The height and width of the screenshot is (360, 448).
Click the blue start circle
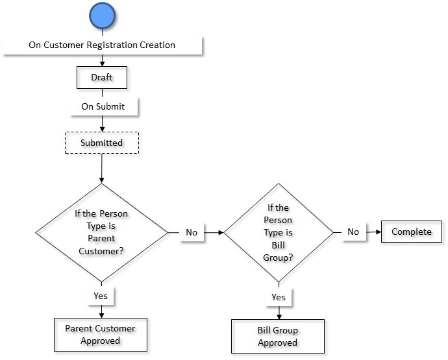click(102, 16)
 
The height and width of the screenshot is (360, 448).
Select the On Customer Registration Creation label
click(102, 45)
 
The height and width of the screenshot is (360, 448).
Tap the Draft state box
click(101, 77)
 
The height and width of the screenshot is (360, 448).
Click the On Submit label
click(103, 106)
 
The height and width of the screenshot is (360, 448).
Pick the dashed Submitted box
click(102, 143)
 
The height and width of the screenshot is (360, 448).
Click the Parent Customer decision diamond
click(101, 232)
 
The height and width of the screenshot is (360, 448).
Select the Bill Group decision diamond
click(278, 232)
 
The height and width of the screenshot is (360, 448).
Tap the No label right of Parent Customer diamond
click(192, 232)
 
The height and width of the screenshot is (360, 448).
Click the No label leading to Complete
click(353, 232)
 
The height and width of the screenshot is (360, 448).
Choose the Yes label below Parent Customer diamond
click(101, 296)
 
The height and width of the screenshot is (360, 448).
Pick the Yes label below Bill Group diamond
click(278, 297)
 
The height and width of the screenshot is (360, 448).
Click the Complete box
click(412, 232)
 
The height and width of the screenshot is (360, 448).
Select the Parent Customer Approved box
click(101, 334)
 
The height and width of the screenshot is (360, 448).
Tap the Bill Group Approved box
click(277, 336)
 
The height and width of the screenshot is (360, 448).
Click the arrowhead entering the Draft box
click(102, 64)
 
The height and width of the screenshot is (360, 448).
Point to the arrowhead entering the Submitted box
click(102, 129)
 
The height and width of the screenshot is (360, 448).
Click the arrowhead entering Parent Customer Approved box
click(101, 315)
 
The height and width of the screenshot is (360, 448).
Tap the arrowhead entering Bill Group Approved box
click(278, 316)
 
